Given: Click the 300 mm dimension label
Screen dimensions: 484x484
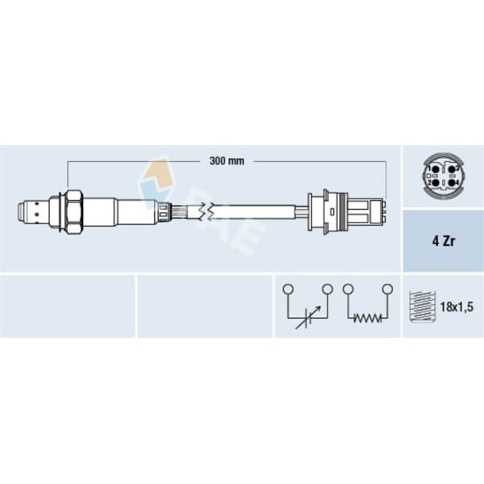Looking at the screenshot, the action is (227, 161).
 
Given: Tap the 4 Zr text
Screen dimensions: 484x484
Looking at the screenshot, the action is (443, 241).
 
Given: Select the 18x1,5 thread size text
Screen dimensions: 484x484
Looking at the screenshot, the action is (457, 307).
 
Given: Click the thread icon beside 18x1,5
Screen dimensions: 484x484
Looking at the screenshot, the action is (422, 307).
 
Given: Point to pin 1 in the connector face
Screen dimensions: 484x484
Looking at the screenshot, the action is (436, 169).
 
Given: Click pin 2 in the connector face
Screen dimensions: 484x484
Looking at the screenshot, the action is (436, 183).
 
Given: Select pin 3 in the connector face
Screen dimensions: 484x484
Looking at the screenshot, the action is (452, 169).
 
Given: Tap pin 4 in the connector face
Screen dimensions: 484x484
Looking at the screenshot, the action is (452, 183).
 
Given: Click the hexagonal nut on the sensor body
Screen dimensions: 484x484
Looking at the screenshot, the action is (74, 212).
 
